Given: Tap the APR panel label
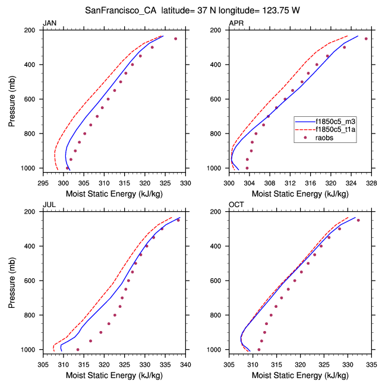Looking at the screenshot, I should [x=236, y=23].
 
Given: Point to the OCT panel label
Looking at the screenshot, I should [x=236, y=205].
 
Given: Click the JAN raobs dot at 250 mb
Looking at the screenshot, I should [x=175, y=39].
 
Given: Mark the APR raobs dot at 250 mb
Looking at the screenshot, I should [x=366, y=39].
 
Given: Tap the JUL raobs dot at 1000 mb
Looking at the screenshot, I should [x=78, y=349].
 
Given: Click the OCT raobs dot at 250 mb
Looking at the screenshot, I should [x=358, y=220].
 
